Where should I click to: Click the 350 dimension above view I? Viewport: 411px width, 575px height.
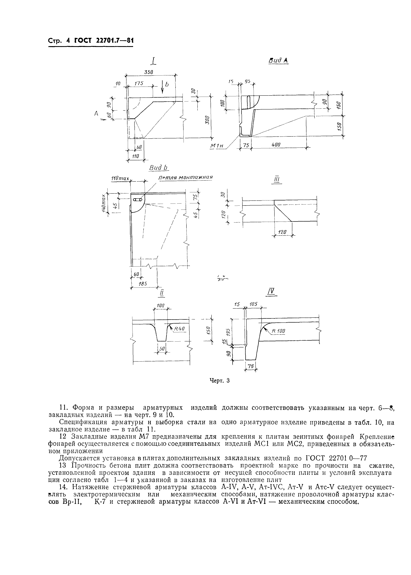149,72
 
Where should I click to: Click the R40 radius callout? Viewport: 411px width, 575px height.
180,328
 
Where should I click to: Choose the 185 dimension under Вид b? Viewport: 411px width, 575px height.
143,284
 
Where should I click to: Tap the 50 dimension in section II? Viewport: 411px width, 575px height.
162,349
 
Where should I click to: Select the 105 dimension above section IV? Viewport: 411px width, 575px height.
253,304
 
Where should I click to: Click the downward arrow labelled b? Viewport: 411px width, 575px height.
162,87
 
